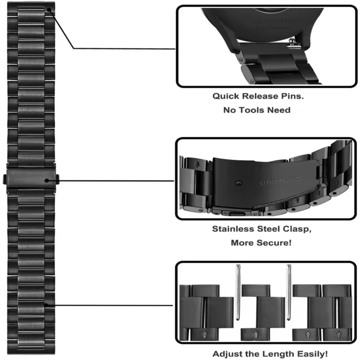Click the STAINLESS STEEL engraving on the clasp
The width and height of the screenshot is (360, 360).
[x=282, y=180]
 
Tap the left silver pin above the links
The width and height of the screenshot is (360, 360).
[x=238, y=292]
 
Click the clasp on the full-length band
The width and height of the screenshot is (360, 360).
[x=31, y=179]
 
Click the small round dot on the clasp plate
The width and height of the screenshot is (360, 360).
[x=237, y=183]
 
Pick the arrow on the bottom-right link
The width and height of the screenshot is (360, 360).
[x=307, y=334]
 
